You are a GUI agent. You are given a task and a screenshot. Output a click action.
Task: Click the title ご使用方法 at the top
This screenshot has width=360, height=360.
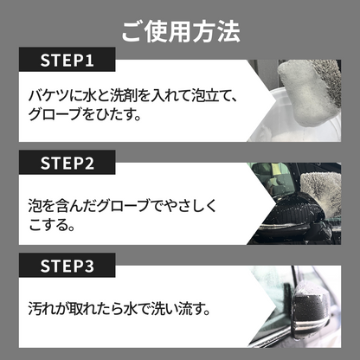pyautogui.click(x=180, y=34)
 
